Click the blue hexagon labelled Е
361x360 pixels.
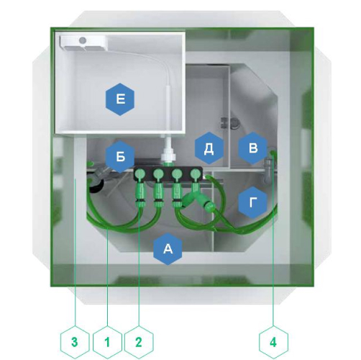pyautogui.click(x=120, y=99)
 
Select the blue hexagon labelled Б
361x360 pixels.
pyautogui.click(x=120, y=156)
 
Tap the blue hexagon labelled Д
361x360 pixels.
pyautogui.click(x=209, y=148)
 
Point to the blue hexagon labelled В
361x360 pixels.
pyautogui.click(x=253, y=148)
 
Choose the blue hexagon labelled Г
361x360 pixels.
pyautogui.click(x=253, y=202)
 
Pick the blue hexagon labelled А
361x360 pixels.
pyautogui.click(x=168, y=248)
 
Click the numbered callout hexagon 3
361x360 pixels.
pyautogui.click(x=75, y=342)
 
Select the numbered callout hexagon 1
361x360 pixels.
pyautogui.click(x=107, y=342)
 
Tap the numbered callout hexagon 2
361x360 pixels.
pyautogui.click(x=139, y=342)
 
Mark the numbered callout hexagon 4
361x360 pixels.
pyautogui.click(x=273, y=342)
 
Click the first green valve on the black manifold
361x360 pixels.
pyautogui.click(x=140, y=174)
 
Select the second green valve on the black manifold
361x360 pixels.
pyautogui.click(x=158, y=174)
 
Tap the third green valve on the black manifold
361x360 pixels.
pyautogui.click(x=177, y=174)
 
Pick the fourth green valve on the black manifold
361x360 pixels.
pyautogui.click(x=196, y=174)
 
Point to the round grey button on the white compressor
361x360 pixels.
pyautogui.click(x=83, y=40)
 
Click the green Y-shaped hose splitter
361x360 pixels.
pyautogui.click(x=198, y=199)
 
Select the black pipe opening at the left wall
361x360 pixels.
pyautogui.click(x=96, y=186)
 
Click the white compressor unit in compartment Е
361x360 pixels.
pyautogui.click(x=83, y=43)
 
